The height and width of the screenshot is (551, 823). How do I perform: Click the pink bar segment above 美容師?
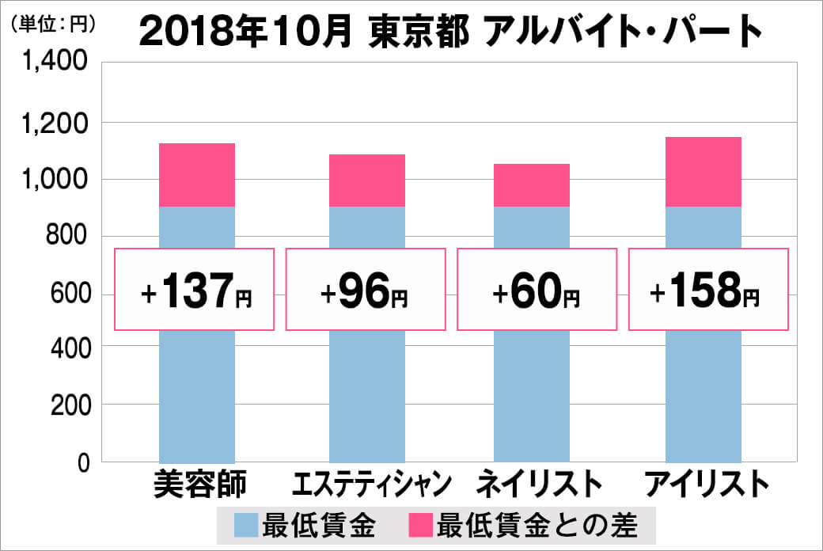(197, 175)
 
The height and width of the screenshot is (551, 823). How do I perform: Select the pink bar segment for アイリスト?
(704, 172)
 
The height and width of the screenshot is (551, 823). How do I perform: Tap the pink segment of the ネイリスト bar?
(531, 185)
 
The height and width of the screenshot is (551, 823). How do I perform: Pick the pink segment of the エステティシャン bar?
(367, 180)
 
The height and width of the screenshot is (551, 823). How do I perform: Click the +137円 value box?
(195, 289)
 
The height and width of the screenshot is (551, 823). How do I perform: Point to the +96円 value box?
(365, 289)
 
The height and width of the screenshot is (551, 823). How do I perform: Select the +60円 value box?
(537, 289)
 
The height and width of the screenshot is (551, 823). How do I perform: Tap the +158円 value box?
(708, 289)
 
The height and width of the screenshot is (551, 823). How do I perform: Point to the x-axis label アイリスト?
(707, 484)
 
